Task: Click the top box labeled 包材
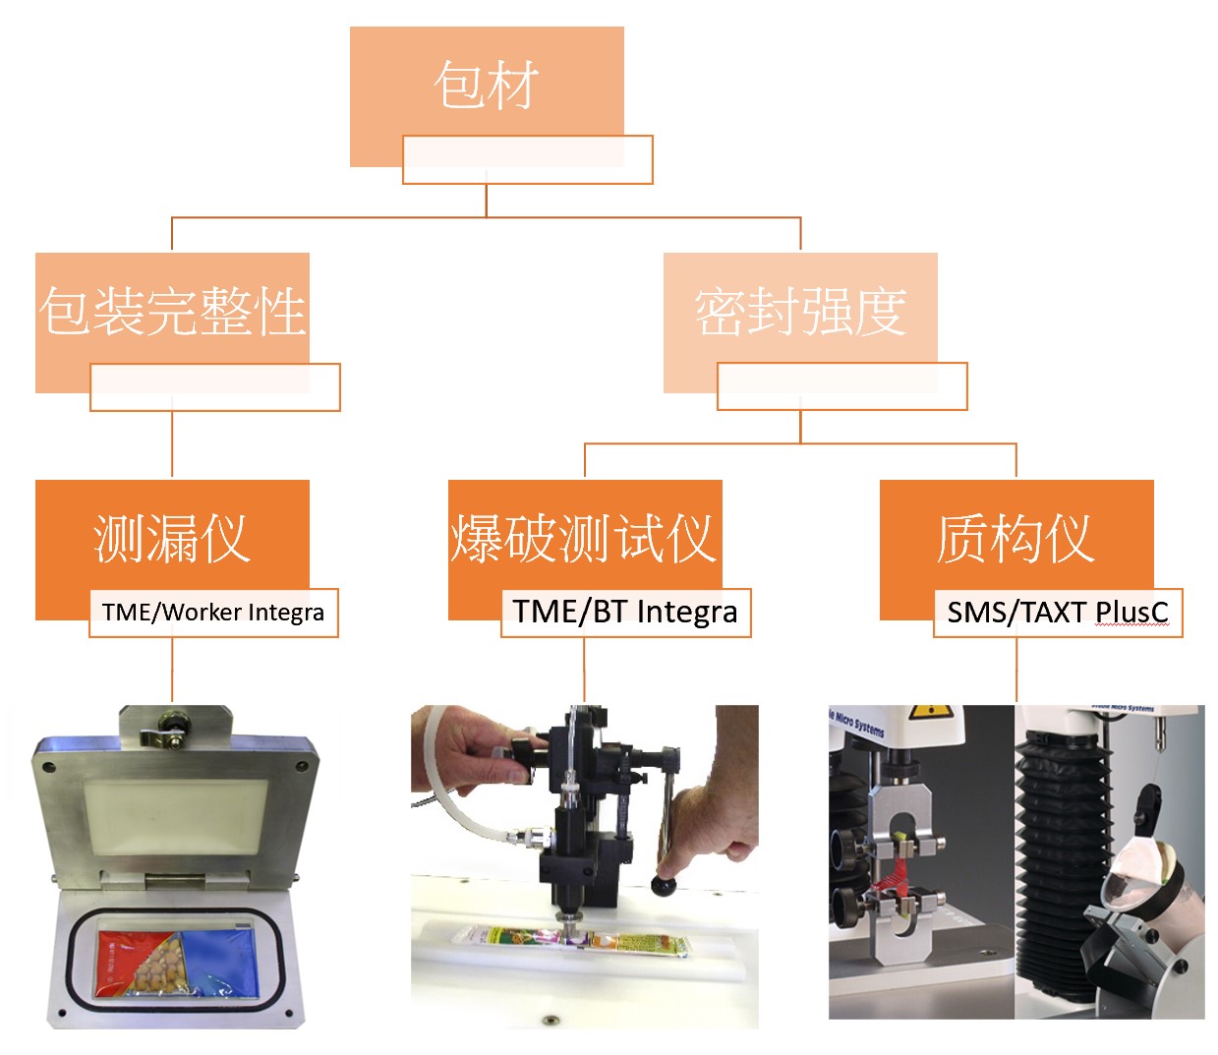(487, 84)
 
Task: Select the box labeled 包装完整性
(172, 311)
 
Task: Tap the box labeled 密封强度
(800, 311)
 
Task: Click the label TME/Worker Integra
(213, 613)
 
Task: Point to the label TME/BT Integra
(625, 613)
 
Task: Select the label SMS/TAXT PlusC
(1058, 613)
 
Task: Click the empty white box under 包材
(527, 160)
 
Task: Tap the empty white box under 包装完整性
(214, 387)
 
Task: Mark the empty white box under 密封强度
(841, 386)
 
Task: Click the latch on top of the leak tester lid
(167, 733)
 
